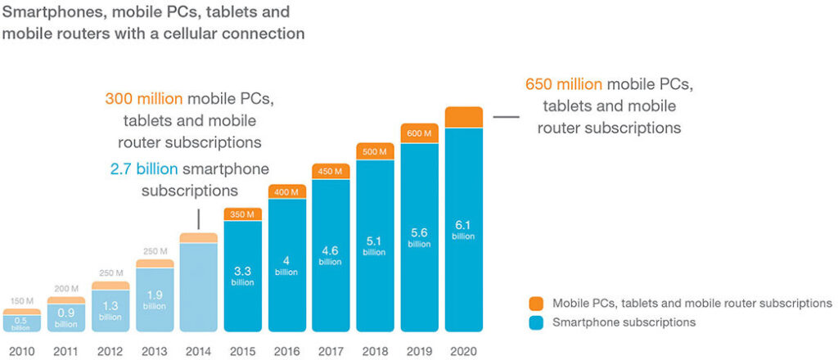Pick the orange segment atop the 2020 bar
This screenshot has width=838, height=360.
coord(464,117)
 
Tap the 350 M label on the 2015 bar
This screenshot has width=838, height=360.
coord(242,214)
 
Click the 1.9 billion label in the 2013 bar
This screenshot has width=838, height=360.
coord(154,299)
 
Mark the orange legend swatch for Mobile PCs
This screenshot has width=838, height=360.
coord(537,304)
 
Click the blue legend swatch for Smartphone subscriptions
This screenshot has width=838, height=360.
coord(537,322)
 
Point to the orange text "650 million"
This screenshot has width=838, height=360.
coord(563,83)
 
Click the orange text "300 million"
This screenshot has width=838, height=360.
coord(144,99)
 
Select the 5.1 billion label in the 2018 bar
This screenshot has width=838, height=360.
coord(376,246)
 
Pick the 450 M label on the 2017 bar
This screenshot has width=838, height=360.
coord(331,171)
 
